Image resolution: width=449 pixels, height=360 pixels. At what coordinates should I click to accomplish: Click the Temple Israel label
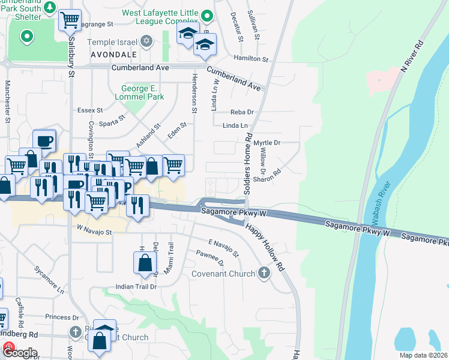(112, 42)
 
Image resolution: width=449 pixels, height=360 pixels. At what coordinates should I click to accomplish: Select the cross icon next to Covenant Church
(264, 274)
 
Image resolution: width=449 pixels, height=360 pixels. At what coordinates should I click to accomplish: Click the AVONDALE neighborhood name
(113, 55)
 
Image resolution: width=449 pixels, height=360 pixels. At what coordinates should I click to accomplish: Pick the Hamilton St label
(251, 59)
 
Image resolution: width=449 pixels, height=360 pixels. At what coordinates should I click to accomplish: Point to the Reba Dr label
(243, 112)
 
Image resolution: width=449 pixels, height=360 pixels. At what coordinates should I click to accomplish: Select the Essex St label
(91, 110)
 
